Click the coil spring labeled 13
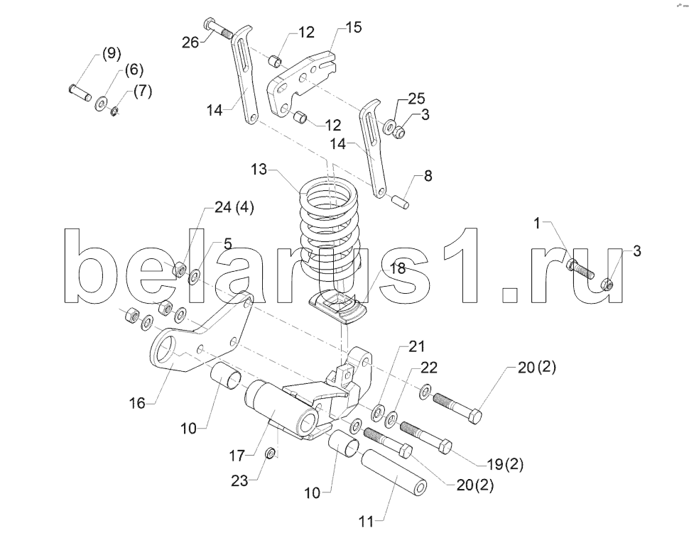[x=330, y=237]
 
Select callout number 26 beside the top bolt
[x=190, y=43]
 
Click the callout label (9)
[x=111, y=53]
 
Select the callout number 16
[x=137, y=402]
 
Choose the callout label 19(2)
[x=505, y=464]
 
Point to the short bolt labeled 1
[x=580, y=268]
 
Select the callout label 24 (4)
[x=234, y=207]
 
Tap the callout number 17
[x=237, y=456]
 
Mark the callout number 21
[x=416, y=346]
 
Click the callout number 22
[x=429, y=368]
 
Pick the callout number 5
[x=227, y=243]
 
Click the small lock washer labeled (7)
[x=114, y=111]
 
